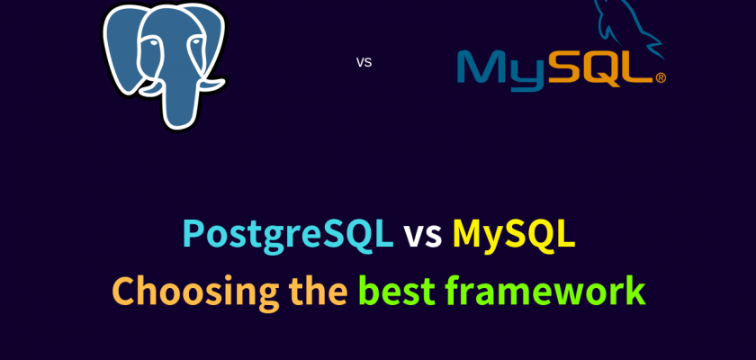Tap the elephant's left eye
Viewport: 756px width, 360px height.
point(153,43)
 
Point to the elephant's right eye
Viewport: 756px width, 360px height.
point(196,42)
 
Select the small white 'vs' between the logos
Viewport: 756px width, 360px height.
point(364,62)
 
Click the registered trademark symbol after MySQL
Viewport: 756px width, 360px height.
point(660,77)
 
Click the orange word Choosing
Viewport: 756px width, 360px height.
point(195,292)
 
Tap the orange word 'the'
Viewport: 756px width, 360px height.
point(319,291)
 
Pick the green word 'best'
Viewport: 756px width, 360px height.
point(397,291)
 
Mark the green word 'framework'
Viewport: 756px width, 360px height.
point(545,291)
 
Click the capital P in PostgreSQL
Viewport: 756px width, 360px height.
point(193,234)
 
